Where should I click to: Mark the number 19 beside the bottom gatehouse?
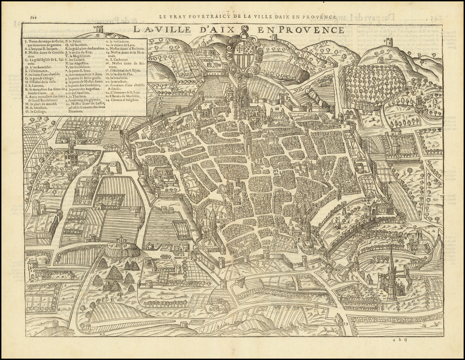[x=346, y=323]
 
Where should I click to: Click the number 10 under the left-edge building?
[x=32, y=281]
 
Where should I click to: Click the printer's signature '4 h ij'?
[x=400, y=339]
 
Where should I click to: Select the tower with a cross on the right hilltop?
[x=389, y=42]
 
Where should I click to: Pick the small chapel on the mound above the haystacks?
[x=121, y=242]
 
